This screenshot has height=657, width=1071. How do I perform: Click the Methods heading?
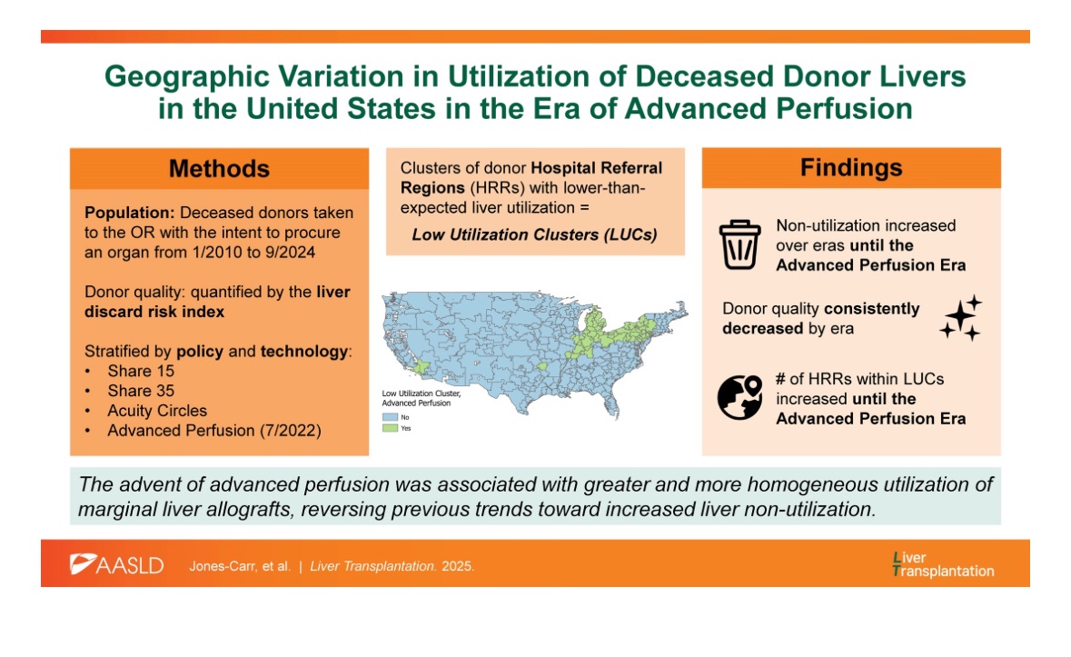[x=219, y=169]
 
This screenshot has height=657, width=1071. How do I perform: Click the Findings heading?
[x=851, y=168]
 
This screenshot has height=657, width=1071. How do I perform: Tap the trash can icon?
[x=738, y=244]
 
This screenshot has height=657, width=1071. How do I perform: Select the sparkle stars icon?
[x=960, y=317]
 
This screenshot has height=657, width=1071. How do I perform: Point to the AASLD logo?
[x=117, y=564]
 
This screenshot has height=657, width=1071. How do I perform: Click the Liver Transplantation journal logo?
[x=943, y=563]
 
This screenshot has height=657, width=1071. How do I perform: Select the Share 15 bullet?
[x=142, y=371]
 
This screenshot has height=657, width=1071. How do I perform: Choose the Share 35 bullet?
[x=142, y=391]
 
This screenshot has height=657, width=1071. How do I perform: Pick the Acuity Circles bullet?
[x=157, y=411]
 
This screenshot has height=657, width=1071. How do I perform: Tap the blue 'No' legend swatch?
[x=388, y=416]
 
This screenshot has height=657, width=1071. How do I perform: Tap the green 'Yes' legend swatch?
[x=388, y=427]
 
